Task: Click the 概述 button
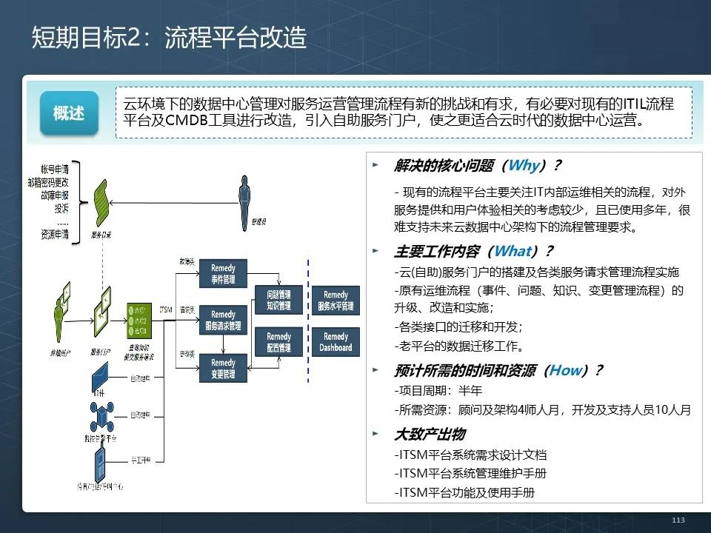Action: [x=69, y=113]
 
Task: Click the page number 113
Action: [x=678, y=520]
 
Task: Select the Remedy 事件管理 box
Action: [x=223, y=273]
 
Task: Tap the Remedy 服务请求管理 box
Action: [x=223, y=320]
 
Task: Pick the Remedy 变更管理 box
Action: [x=223, y=369]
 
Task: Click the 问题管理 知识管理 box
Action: [x=278, y=299]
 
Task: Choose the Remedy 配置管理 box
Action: [x=278, y=342]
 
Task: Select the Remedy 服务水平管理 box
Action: [x=336, y=300]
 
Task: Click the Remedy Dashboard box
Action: [x=336, y=342]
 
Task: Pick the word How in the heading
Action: [x=565, y=371]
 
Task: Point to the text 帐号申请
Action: [x=55, y=170]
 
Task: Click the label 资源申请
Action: [x=55, y=235]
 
